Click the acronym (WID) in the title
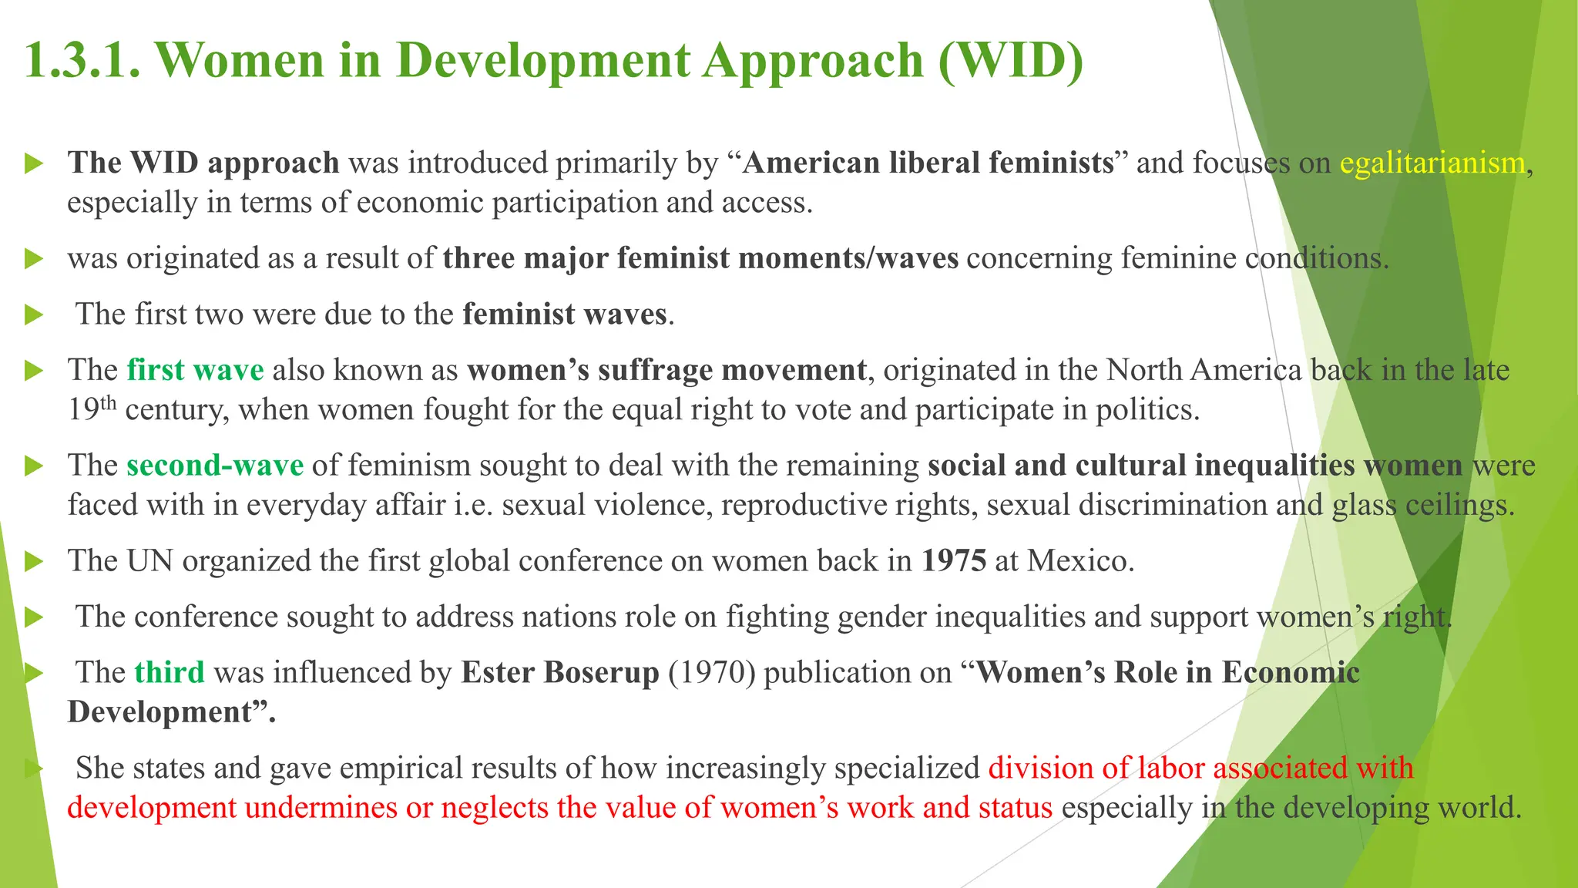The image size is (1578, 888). click(x=1010, y=60)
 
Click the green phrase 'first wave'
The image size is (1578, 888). click(x=195, y=370)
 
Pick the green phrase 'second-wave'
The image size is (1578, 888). click(x=215, y=466)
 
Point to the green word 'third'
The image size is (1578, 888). click(x=170, y=672)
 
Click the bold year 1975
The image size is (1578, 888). click(x=954, y=560)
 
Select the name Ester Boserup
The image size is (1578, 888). click(x=560, y=672)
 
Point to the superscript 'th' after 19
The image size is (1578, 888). click(x=109, y=402)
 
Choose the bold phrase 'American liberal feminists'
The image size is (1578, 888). click(x=928, y=163)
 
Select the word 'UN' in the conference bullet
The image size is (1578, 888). click(x=149, y=560)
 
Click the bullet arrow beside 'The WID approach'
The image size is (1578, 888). click(x=33, y=163)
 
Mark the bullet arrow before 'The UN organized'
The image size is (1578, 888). click(x=33, y=561)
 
